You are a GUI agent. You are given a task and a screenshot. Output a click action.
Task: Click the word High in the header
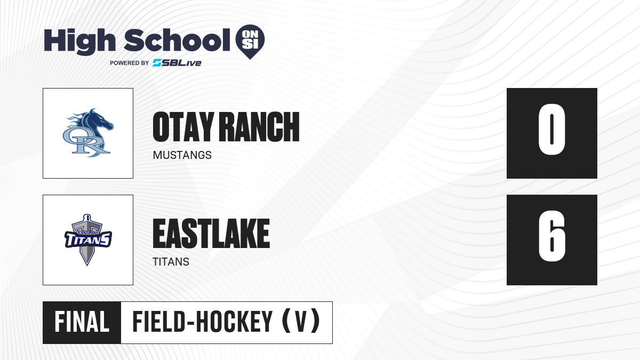[x=79, y=42]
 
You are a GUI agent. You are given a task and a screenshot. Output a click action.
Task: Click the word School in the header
[x=177, y=41]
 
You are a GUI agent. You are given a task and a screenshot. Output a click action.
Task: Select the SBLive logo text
[x=177, y=63]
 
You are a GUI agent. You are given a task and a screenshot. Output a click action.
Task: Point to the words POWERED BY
[x=130, y=63]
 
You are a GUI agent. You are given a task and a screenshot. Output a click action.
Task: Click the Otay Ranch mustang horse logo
[x=88, y=133]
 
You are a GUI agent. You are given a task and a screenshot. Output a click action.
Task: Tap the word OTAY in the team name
[x=183, y=127]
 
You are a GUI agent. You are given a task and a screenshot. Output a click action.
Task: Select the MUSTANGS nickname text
[x=182, y=155]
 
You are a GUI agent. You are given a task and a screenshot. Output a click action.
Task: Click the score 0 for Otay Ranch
[x=551, y=129]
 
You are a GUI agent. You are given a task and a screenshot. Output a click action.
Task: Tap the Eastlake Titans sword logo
[x=88, y=240]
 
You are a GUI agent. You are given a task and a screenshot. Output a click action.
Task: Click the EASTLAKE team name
[x=211, y=234]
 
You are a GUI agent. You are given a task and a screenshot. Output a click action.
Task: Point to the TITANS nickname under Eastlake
[x=171, y=262]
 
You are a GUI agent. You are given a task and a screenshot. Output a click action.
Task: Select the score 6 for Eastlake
[x=552, y=236]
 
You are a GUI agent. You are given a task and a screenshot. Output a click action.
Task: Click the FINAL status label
[x=82, y=322]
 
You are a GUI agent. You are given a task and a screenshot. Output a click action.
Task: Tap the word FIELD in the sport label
[x=159, y=322]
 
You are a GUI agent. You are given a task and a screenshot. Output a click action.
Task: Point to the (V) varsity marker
[x=301, y=322]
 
